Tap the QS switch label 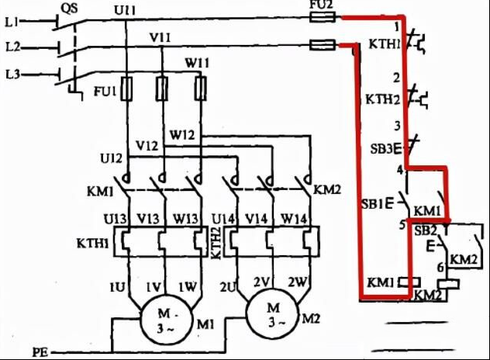(69, 9)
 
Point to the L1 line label (12, 22)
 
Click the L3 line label (13, 74)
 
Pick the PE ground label (40, 352)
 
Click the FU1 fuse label (105, 92)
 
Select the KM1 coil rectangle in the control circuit (409, 282)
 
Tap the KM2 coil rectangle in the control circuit (448, 284)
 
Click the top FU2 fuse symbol (323, 16)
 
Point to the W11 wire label (197, 63)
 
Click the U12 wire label (112, 158)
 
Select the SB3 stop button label (381, 148)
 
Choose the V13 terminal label (148, 219)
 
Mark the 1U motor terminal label (117, 287)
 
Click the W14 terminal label (293, 219)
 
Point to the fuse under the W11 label (200, 88)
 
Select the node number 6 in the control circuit (440, 268)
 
